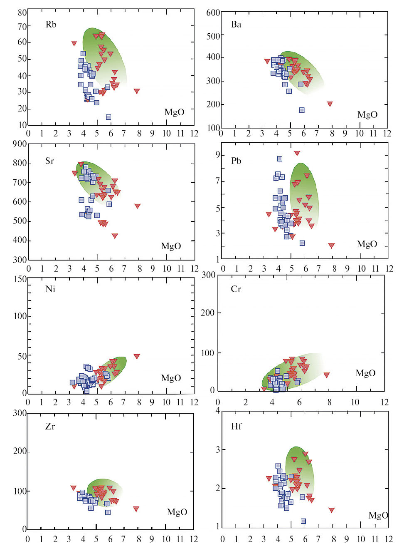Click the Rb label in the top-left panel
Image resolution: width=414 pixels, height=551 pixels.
(51, 25)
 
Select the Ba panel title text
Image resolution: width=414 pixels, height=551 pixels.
(236, 25)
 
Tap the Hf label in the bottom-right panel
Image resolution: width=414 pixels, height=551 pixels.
(236, 426)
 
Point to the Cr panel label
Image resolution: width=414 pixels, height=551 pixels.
(236, 289)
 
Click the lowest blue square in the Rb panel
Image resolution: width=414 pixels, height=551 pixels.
(108, 117)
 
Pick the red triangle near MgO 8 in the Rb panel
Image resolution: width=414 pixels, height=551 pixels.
(137, 91)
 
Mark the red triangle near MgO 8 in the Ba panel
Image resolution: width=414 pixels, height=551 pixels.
(330, 104)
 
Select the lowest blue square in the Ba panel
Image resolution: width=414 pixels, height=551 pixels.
(302, 110)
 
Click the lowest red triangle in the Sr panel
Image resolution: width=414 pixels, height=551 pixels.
(115, 236)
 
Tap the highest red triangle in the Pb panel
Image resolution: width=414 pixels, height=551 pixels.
(297, 153)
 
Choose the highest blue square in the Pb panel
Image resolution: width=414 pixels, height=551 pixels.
(280, 159)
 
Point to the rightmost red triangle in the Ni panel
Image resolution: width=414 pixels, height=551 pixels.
(137, 357)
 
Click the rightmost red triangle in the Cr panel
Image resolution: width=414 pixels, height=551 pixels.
(327, 375)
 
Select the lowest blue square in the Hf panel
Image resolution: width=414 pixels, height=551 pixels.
(303, 521)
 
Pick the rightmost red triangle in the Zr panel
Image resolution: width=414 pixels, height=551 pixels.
(136, 509)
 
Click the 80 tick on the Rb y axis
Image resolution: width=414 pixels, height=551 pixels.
(22, 12)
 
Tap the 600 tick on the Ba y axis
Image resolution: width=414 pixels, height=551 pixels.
(213, 12)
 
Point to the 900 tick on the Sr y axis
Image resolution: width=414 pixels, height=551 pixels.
(20, 144)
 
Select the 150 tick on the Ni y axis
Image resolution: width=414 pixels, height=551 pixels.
(20, 279)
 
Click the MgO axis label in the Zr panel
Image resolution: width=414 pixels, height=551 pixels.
(177, 512)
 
